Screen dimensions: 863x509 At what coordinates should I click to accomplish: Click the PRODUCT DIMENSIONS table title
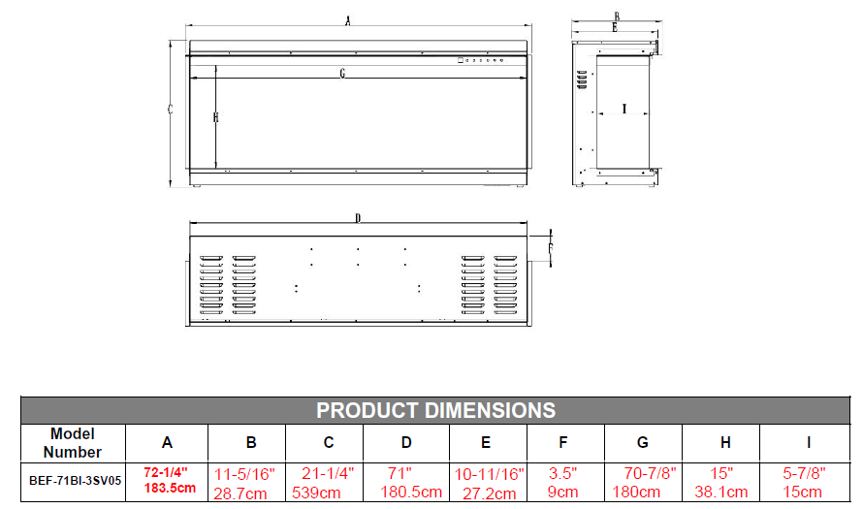tap(435, 410)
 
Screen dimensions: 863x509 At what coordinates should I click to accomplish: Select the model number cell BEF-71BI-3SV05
tap(75, 481)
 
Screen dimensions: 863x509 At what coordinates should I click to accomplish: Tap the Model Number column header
tap(72, 443)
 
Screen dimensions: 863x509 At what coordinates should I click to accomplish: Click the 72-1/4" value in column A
tap(166, 473)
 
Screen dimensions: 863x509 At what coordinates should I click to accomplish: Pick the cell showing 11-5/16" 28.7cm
tap(243, 483)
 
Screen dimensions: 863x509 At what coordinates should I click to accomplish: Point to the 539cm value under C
tap(316, 493)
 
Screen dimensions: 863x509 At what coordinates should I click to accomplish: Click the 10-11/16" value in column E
tap(490, 474)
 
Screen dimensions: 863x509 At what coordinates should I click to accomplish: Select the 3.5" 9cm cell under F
tap(562, 483)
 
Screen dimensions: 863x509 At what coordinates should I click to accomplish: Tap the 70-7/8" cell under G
tap(650, 473)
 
